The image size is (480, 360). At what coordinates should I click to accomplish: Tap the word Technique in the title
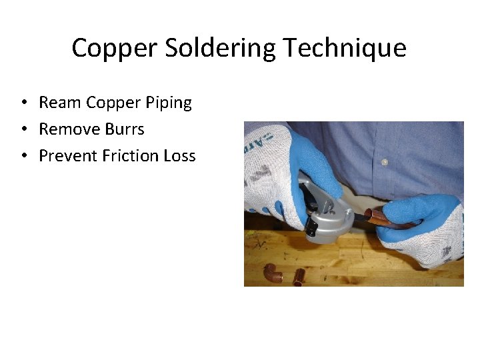click(345, 48)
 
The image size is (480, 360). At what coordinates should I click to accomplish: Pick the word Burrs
click(125, 129)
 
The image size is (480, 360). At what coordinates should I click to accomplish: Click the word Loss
click(179, 155)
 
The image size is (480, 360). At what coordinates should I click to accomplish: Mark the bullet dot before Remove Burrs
click(23, 129)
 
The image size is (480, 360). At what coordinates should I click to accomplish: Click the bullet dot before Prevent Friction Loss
click(23, 156)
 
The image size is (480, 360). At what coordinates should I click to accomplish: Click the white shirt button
click(384, 162)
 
